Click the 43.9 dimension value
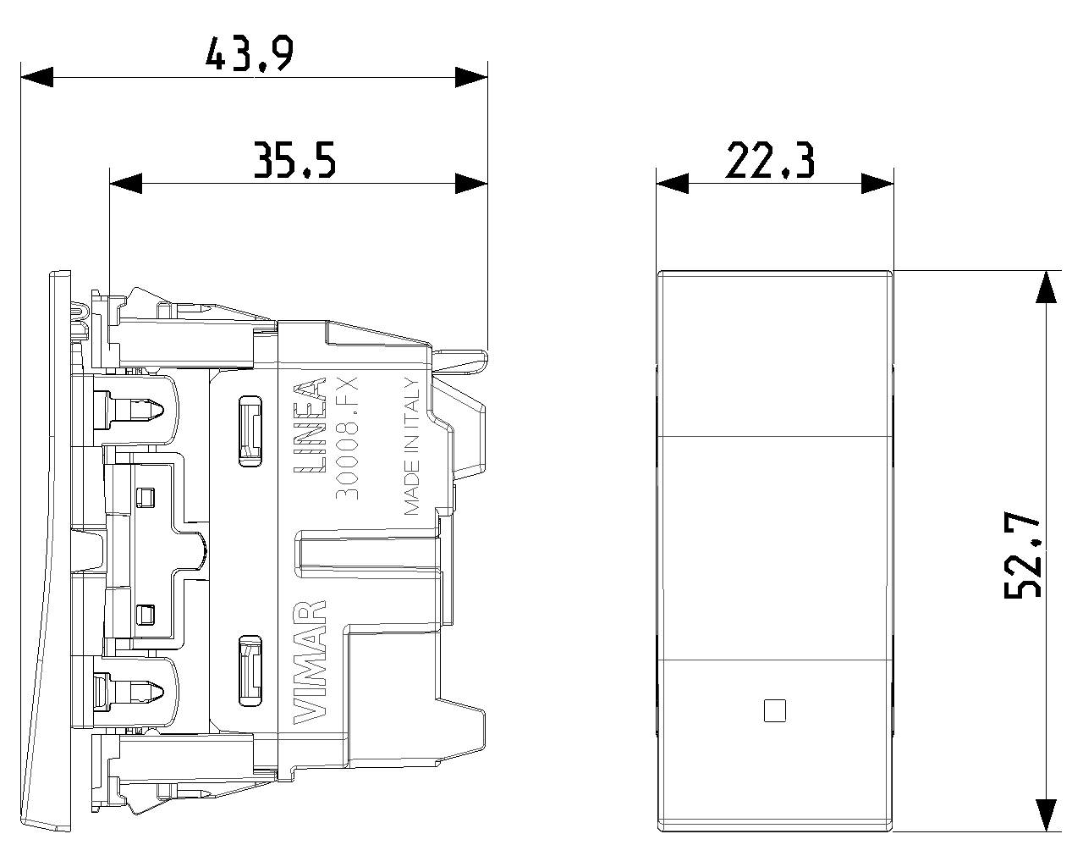249,53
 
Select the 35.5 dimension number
294,160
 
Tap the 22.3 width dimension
769,161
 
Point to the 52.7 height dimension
1022,555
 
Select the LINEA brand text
310,426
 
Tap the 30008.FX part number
347,438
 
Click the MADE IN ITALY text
412,447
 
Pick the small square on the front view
774,711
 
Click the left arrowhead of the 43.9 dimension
36,77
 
